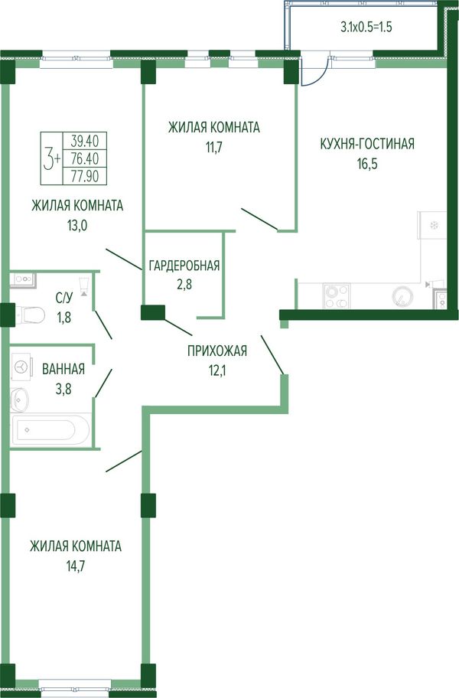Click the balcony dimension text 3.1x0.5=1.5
pyautogui.click(x=366, y=27)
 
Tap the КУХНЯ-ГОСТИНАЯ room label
pyautogui.click(x=367, y=144)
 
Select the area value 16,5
pyautogui.click(x=367, y=164)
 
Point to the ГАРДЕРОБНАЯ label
pyautogui.click(x=184, y=266)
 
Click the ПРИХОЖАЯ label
pyautogui.click(x=217, y=351)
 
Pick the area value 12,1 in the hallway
pyautogui.click(x=217, y=370)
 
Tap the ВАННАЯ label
pyautogui.click(x=63, y=369)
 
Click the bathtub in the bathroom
pyautogui.click(x=51, y=429)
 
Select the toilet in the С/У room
pyautogui.click(x=29, y=315)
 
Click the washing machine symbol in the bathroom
pyautogui.click(x=21, y=367)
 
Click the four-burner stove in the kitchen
pyautogui.click(x=337, y=296)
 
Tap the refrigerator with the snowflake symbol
pyautogui.click(x=431, y=225)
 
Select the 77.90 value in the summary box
pyautogui.click(x=84, y=177)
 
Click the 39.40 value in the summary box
pyautogui.click(x=84, y=141)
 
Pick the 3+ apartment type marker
pyautogui.click(x=51, y=159)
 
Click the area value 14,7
pyautogui.click(x=75, y=566)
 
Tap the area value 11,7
pyautogui.click(x=213, y=148)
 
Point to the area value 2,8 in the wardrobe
pyautogui.click(x=184, y=284)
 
